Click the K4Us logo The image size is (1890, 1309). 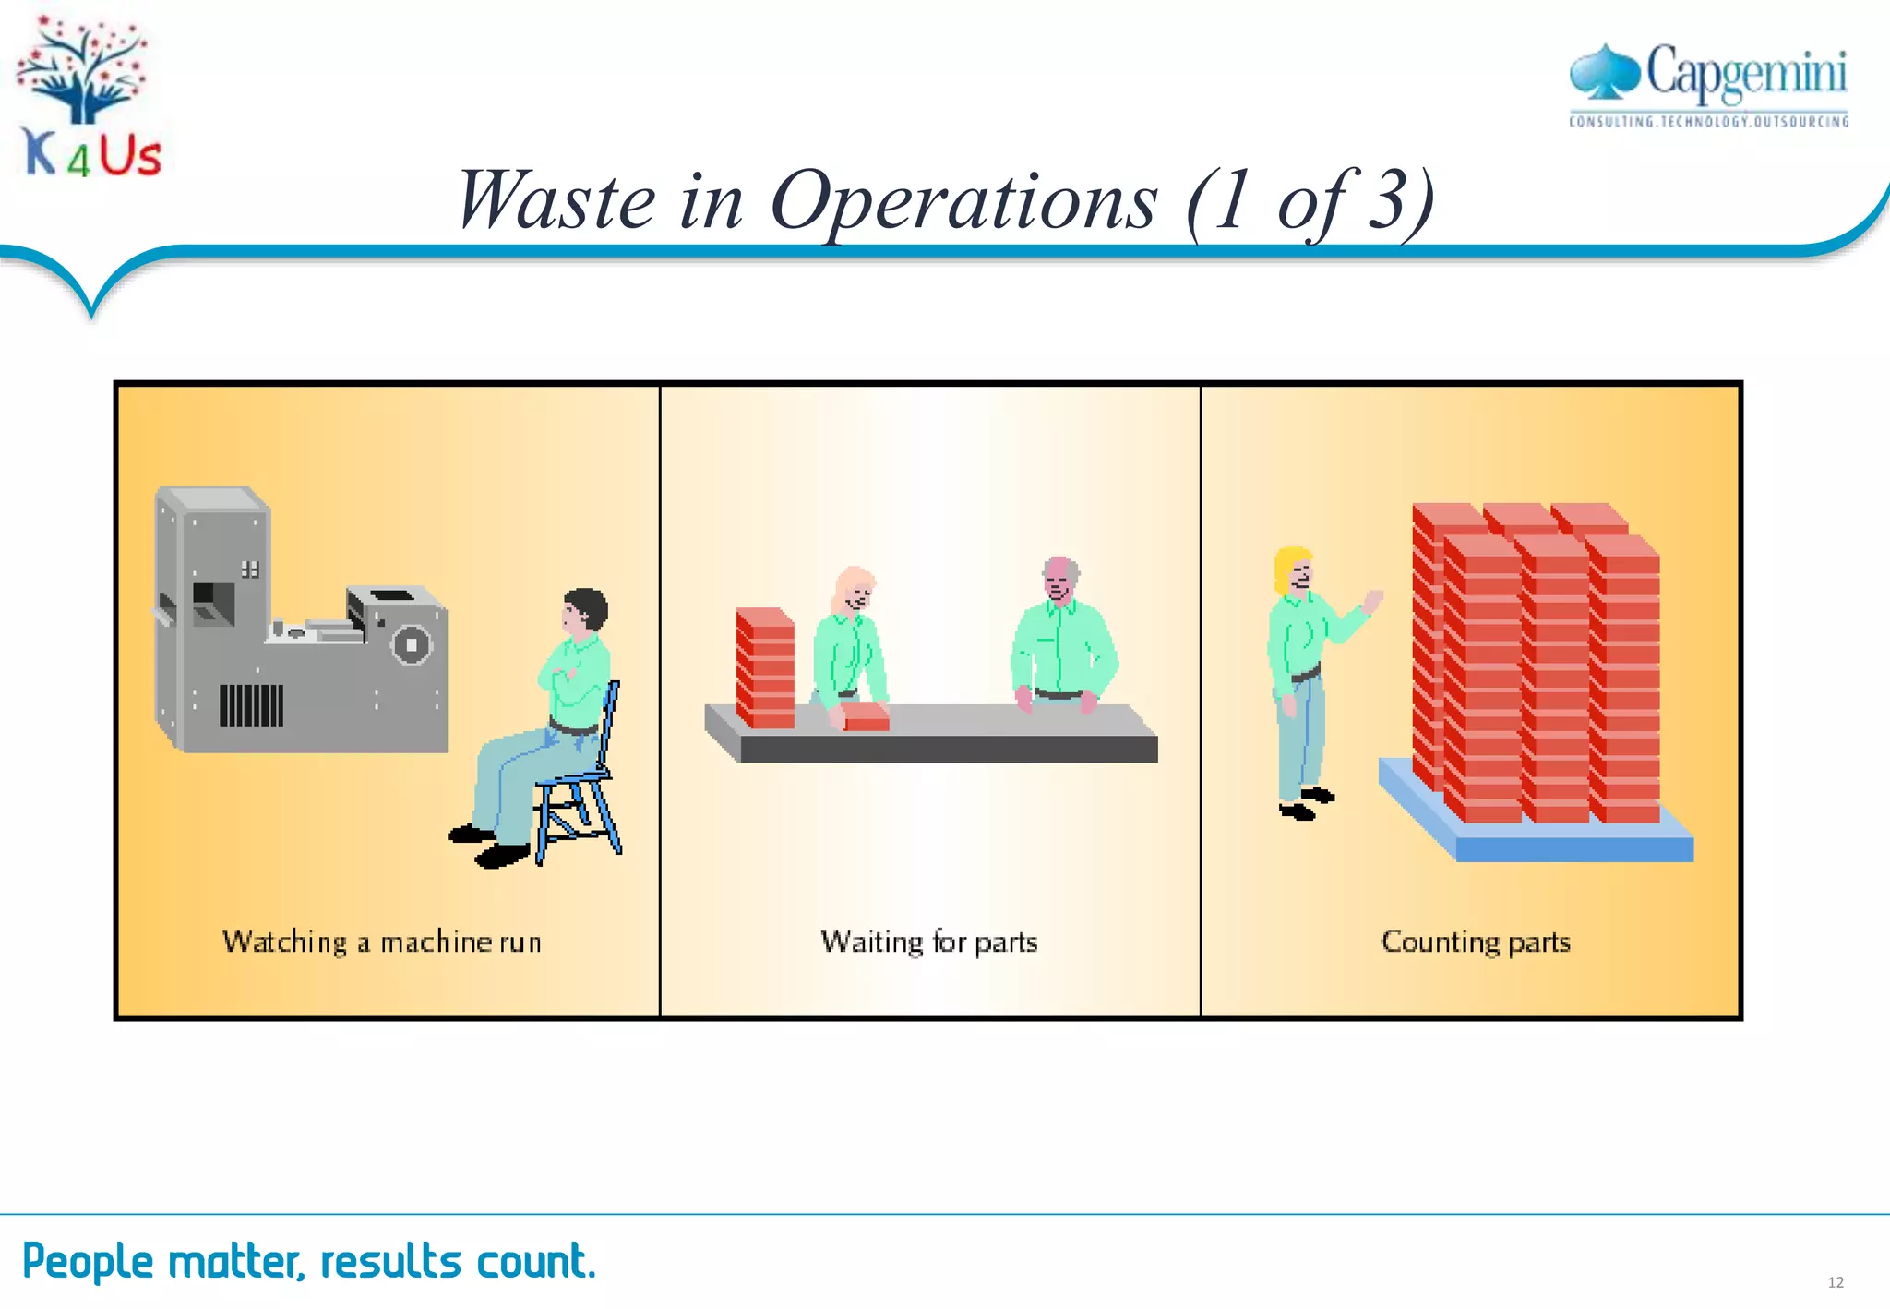tap(90, 97)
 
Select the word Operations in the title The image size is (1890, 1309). tap(963, 200)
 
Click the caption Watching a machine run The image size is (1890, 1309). tap(381, 942)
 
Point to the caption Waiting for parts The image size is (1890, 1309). tap(928, 942)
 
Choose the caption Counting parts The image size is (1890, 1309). tap(1475, 942)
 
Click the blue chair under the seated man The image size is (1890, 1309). tap(581, 794)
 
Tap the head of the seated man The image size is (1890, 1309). tap(584, 611)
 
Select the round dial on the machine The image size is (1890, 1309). tap(412, 644)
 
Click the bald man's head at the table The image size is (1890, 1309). tap(1059, 577)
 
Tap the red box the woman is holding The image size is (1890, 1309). tap(866, 716)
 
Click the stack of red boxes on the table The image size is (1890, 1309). tap(765, 669)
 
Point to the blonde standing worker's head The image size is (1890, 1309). tap(1294, 569)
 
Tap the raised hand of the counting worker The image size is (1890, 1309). tap(1373, 601)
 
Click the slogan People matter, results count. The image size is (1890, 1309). tap(309, 1261)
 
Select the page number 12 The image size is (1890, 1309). tap(1836, 1282)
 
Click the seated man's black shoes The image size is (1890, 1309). tap(489, 845)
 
